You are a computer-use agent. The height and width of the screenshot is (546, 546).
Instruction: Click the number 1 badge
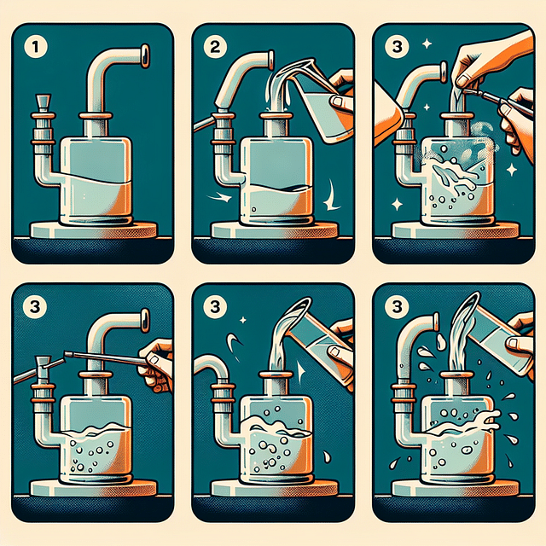coord(35,47)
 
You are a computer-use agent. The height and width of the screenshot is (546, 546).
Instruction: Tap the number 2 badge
coord(215,47)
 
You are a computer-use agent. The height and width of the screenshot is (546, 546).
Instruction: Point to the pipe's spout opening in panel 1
coord(145,55)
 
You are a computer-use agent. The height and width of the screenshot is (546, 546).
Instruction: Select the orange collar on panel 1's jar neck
coord(96,116)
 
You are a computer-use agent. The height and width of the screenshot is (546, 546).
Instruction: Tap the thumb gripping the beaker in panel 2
coord(340,102)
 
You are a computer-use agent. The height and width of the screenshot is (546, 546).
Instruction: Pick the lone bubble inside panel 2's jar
coord(254,210)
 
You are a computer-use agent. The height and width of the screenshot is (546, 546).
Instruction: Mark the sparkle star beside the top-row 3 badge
coord(427,44)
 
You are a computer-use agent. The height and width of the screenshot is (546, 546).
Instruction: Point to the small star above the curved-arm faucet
coord(243,320)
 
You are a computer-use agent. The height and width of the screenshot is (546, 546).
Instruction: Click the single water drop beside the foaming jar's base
coord(327,456)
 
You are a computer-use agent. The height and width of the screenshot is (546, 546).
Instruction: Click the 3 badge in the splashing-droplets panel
coord(397,307)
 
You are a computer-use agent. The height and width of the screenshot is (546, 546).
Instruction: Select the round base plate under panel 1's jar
coord(94,229)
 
